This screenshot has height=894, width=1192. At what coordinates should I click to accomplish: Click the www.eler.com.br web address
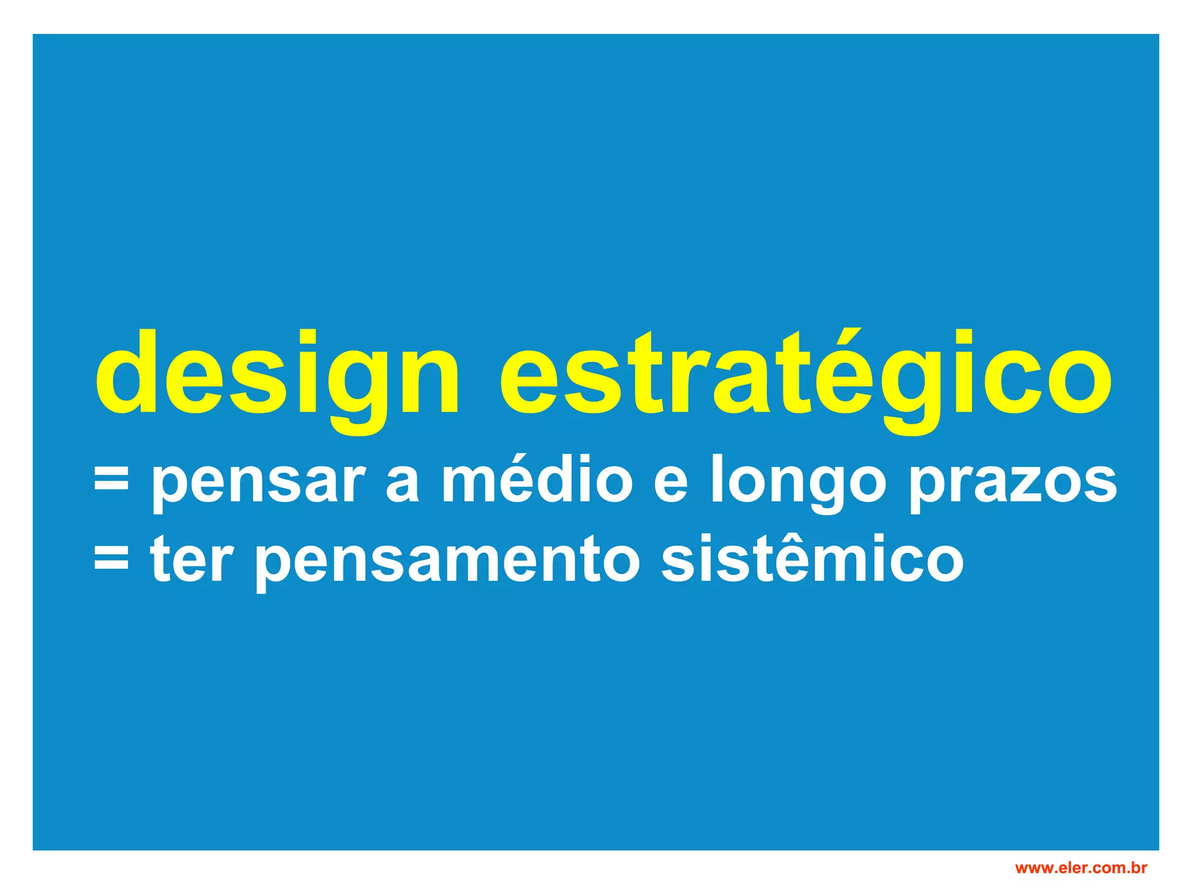pyautogui.click(x=1081, y=868)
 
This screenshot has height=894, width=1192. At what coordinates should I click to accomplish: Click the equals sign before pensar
pyautogui.click(x=111, y=482)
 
